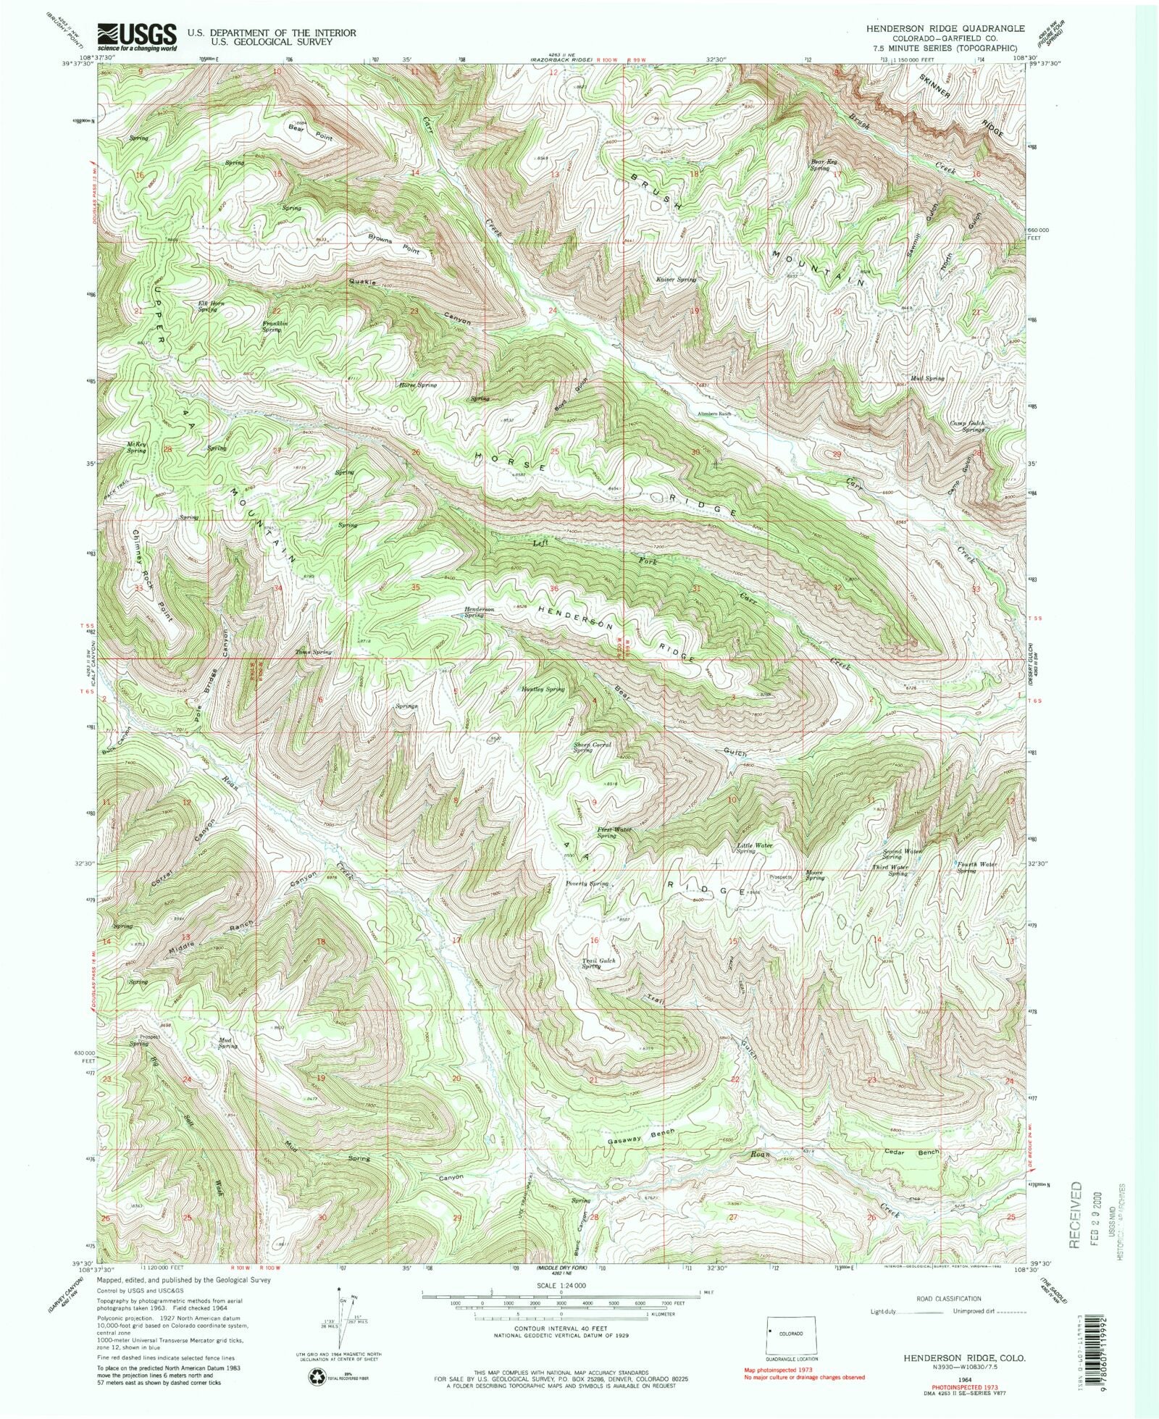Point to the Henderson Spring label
(479, 612)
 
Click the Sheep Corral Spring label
(592, 747)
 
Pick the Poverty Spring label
(587, 884)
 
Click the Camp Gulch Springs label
(968, 426)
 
